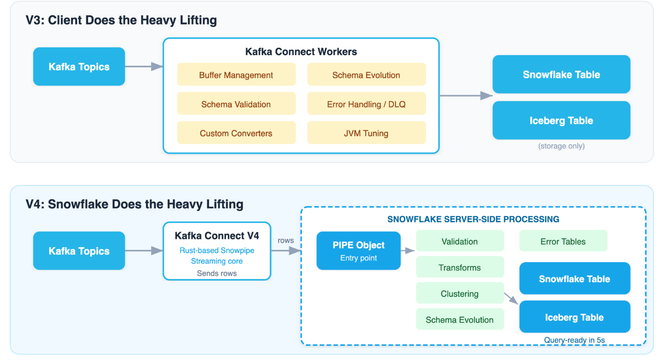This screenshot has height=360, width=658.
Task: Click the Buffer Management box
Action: (236, 75)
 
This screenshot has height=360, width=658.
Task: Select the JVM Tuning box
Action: (366, 133)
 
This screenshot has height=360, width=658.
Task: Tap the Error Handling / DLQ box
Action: (366, 104)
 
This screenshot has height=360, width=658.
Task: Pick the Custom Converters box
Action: (236, 133)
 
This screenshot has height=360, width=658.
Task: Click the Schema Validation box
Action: (236, 104)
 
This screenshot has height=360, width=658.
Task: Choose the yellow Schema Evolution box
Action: (366, 75)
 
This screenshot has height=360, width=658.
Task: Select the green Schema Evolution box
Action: (460, 320)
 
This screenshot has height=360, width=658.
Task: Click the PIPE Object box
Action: (358, 251)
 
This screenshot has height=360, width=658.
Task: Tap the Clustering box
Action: (460, 293)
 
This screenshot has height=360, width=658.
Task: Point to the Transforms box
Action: (460, 268)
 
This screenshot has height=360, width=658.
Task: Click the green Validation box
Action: (460, 241)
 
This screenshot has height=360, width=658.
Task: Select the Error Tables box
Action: (563, 241)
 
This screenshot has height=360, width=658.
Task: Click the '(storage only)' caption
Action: (561, 146)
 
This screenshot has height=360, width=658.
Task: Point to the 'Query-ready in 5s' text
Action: (574, 340)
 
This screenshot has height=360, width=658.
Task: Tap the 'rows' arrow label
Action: (286, 240)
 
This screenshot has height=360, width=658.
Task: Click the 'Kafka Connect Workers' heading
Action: (301, 52)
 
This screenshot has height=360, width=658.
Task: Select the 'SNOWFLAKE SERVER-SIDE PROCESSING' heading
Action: (473, 219)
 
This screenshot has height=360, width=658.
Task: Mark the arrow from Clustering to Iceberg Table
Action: (511, 299)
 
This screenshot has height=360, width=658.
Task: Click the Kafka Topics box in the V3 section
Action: (79, 67)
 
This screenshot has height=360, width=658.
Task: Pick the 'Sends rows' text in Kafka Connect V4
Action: (217, 273)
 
